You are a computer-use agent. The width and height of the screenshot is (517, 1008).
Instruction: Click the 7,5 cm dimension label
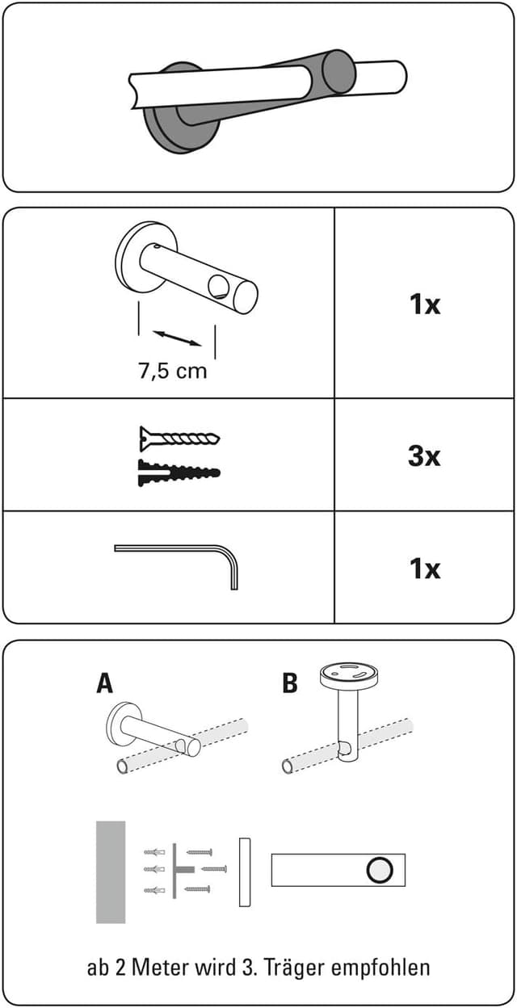tap(172, 372)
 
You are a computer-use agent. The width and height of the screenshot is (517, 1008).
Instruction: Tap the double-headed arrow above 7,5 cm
tap(177, 338)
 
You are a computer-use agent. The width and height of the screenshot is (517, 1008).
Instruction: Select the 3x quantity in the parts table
tap(423, 456)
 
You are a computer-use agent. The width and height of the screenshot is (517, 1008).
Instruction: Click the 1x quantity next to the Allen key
tap(423, 569)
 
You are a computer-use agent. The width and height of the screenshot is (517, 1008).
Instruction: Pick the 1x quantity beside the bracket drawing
tap(423, 304)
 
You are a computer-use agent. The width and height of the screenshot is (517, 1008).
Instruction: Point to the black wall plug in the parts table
tap(179, 472)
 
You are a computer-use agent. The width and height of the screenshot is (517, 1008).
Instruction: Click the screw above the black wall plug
tap(179, 438)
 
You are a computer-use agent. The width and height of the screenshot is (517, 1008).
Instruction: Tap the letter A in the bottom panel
tap(104, 683)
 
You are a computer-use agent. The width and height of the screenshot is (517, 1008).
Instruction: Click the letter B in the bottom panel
tap(289, 683)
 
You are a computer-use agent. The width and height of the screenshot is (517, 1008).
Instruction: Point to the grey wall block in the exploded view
tap(111, 871)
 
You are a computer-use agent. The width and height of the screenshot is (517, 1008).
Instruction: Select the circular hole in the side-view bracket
tap(378, 870)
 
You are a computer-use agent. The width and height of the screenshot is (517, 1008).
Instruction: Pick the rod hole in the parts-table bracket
tap(218, 285)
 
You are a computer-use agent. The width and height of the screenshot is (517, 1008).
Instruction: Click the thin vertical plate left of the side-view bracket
tap(245, 871)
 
